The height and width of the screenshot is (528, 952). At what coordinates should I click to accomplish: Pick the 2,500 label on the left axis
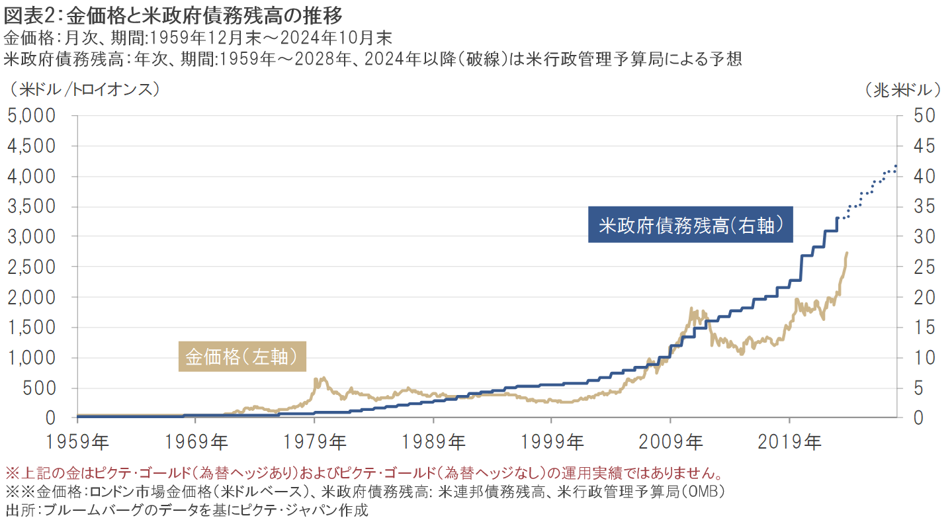tap(34, 267)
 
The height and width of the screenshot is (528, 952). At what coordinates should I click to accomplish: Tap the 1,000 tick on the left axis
tap(34, 357)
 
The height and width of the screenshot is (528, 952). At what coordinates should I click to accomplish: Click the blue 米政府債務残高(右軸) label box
tap(691, 226)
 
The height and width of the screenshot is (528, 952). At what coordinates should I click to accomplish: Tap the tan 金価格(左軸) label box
tap(244, 357)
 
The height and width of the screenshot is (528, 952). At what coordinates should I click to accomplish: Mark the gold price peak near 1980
tap(322, 378)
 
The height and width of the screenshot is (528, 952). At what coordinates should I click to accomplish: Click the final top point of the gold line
tap(847, 253)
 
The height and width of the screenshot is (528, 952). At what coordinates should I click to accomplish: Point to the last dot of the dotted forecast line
tap(896, 165)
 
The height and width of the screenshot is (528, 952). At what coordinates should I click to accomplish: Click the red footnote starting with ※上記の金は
tap(362, 474)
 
